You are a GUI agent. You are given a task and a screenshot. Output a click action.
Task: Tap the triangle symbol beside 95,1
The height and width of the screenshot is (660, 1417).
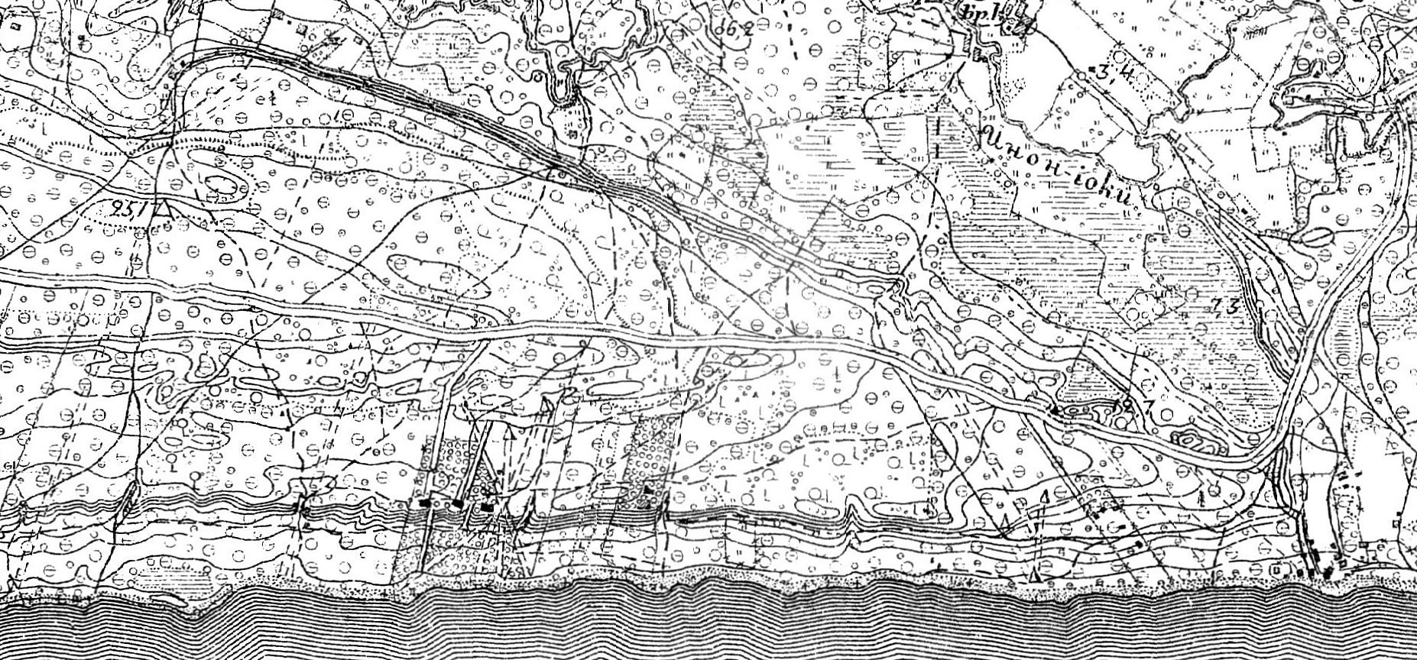[161, 208]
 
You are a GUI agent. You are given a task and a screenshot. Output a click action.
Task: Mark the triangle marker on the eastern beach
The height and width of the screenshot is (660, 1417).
[1035, 574]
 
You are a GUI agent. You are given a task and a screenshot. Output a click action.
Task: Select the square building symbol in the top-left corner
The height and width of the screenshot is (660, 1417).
[15, 25]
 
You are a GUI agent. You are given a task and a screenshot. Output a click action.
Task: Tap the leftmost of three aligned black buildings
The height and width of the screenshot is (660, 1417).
[425, 503]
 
